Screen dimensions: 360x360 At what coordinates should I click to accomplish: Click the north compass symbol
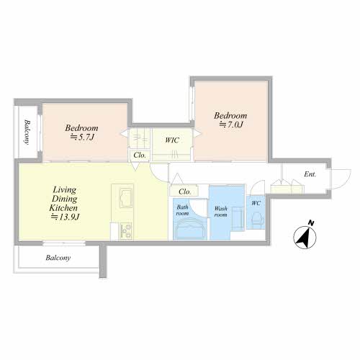[x=305, y=238]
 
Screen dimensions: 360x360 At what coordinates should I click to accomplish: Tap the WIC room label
[x=172, y=140]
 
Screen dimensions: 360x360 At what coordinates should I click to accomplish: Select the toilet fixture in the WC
[x=256, y=219]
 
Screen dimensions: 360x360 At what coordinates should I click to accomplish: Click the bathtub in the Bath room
[x=190, y=229]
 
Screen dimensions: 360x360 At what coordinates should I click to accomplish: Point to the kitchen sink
[x=126, y=198]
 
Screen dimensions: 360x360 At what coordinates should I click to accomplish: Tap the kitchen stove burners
[x=126, y=231]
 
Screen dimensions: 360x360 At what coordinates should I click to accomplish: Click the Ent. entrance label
[x=310, y=174]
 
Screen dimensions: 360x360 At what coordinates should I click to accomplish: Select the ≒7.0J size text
[x=231, y=125]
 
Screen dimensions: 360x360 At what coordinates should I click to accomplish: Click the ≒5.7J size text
[x=81, y=137]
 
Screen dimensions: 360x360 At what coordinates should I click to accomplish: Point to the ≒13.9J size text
[x=65, y=217]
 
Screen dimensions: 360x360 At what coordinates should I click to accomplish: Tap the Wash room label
[x=221, y=212]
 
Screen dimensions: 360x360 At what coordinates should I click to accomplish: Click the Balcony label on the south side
[x=58, y=258]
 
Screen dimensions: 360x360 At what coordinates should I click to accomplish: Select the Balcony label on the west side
[x=27, y=132]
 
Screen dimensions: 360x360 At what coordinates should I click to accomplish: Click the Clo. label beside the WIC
[x=140, y=155]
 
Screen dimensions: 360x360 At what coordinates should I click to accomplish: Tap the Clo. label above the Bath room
[x=185, y=192]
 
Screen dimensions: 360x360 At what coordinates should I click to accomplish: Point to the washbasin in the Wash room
[x=238, y=218]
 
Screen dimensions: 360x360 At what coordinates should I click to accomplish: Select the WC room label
[x=256, y=203]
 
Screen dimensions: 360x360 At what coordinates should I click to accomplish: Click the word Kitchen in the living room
[x=63, y=208]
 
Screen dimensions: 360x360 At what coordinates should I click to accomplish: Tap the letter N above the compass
[x=311, y=223]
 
